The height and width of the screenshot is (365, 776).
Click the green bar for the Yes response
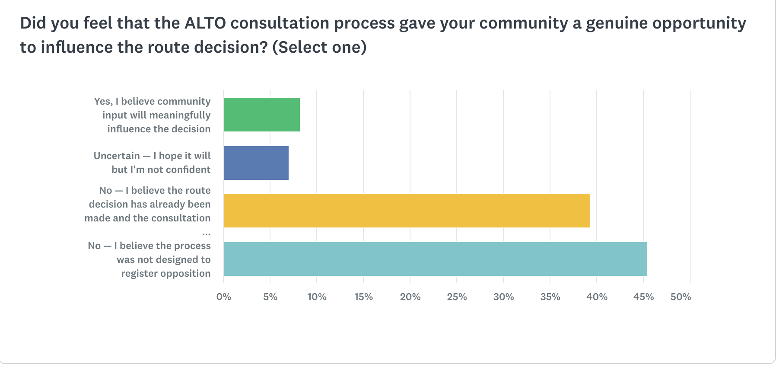[x=261, y=115]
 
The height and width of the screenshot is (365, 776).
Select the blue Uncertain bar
[x=256, y=163]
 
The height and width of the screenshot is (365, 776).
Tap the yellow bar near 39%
[x=406, y=211]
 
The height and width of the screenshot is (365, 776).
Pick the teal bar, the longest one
[x=435, y=259]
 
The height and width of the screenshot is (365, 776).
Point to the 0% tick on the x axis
[x=223, y=297]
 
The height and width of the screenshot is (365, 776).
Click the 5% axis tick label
[x=270, y=297]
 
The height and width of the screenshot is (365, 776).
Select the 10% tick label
[x=317, y=297]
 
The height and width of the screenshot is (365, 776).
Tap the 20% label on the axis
[x=410, y=297]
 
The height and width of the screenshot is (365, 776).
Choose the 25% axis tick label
[x=457, y=297]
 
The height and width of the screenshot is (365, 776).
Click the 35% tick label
[x=550, y=297]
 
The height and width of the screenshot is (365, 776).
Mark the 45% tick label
[x=643, y=297]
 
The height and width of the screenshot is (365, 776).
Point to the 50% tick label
[x=681, y=297]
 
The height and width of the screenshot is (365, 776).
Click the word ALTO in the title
[x=205, y=23]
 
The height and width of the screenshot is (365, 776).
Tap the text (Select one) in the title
[x=319, y=47]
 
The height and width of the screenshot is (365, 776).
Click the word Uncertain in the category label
[x=117, y=156]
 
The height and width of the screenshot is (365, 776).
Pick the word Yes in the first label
[x=103, y=101]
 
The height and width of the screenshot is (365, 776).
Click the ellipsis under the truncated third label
[x=206, y=233]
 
